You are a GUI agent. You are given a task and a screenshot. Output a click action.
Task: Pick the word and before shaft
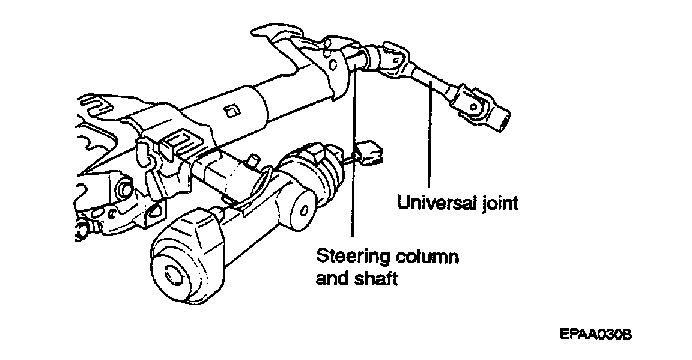click(x=332, y=279)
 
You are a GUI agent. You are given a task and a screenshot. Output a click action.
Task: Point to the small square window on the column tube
click(x=231, y=111)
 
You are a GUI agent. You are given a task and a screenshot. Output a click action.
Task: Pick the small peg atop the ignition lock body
click(x=253, y=160)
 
